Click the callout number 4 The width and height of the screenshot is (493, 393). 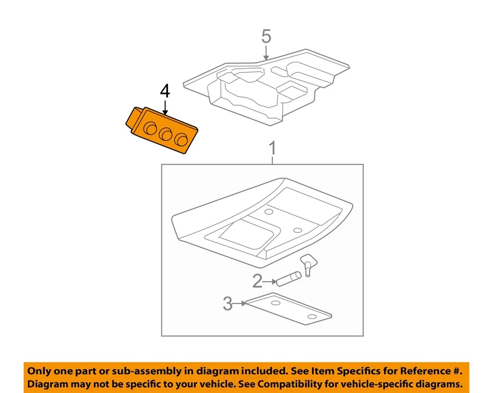click(x=164, y=91)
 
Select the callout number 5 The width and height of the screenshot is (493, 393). click(x=266, y=36)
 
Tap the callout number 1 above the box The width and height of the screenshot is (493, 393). click(x=273, y=149)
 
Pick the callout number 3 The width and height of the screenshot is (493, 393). click(x=227, y=304)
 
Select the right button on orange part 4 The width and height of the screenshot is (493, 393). click(x=181, y=140)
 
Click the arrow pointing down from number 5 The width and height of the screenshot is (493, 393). click(x=266, y=53)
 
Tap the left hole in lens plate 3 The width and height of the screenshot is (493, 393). click(x=276, y=304)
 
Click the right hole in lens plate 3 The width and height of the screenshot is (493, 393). click(x=312, y=317)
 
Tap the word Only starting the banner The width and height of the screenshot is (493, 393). click(x=40, y=371)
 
